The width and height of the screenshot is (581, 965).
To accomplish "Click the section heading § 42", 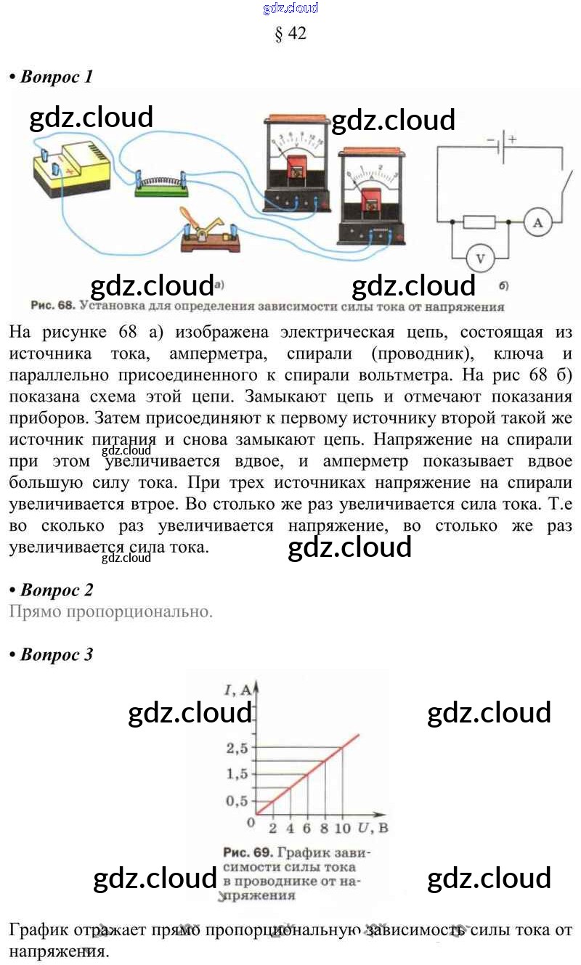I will click(x=290, y=33).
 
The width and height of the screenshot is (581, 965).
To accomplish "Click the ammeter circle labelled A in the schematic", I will click(x=537, y=223).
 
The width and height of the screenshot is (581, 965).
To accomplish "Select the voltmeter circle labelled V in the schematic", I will click(x=479, y=257).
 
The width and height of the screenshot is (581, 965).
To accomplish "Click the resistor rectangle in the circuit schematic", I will click(x=479, y=222).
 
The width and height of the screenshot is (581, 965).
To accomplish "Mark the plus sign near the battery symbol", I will click(x=512, y=139).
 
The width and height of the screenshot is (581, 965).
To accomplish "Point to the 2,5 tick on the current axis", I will click(x=237, y=748).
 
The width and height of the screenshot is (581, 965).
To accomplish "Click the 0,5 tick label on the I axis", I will click(x=237, y=800).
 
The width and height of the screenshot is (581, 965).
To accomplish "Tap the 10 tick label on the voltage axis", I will click(x=343, y=828).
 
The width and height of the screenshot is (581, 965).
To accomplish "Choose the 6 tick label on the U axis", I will click(x=306, y=828).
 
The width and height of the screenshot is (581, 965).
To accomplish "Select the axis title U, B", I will click(x=374, y=828).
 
